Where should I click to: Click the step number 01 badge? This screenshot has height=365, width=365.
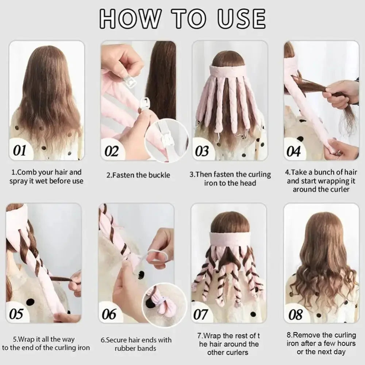[20, 150]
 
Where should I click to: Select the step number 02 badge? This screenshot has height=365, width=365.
[111, 151]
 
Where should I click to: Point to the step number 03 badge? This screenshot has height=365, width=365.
[201, 151]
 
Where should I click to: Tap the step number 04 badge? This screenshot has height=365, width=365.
[293, 151]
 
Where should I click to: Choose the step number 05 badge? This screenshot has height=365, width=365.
[16, 314]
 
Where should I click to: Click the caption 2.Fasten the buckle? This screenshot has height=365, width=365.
[138, 175]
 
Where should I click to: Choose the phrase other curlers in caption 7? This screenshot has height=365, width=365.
[228, 353]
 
